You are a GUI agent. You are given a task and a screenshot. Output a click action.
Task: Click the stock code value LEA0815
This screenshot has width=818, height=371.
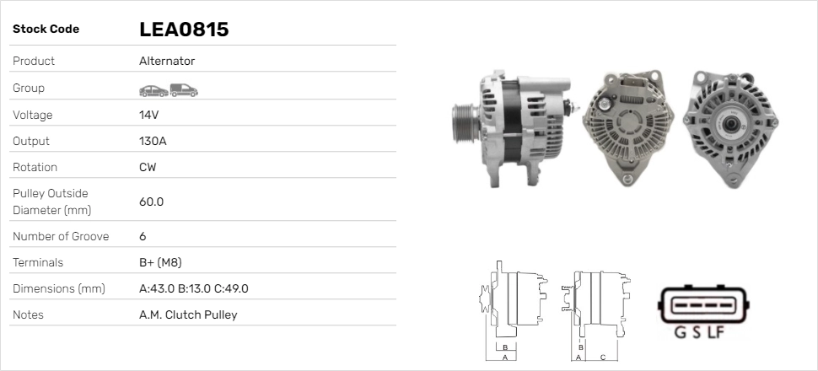184,30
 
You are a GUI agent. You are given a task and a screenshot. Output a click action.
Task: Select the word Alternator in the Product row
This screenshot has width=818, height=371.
167,61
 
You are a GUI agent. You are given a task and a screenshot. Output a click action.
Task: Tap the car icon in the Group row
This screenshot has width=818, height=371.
153,91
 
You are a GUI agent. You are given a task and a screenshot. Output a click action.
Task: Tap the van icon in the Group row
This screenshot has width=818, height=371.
184,90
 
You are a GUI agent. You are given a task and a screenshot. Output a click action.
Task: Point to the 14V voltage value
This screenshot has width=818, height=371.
148,115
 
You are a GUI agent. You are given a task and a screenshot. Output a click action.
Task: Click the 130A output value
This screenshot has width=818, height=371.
153,141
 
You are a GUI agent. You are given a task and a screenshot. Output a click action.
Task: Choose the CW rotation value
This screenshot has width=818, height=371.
148,167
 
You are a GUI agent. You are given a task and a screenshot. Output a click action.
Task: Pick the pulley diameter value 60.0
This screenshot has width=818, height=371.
151,202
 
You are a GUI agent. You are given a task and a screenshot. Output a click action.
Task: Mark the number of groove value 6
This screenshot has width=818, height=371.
143,236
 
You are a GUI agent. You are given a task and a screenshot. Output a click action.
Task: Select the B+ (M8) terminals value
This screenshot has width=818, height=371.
160,262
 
